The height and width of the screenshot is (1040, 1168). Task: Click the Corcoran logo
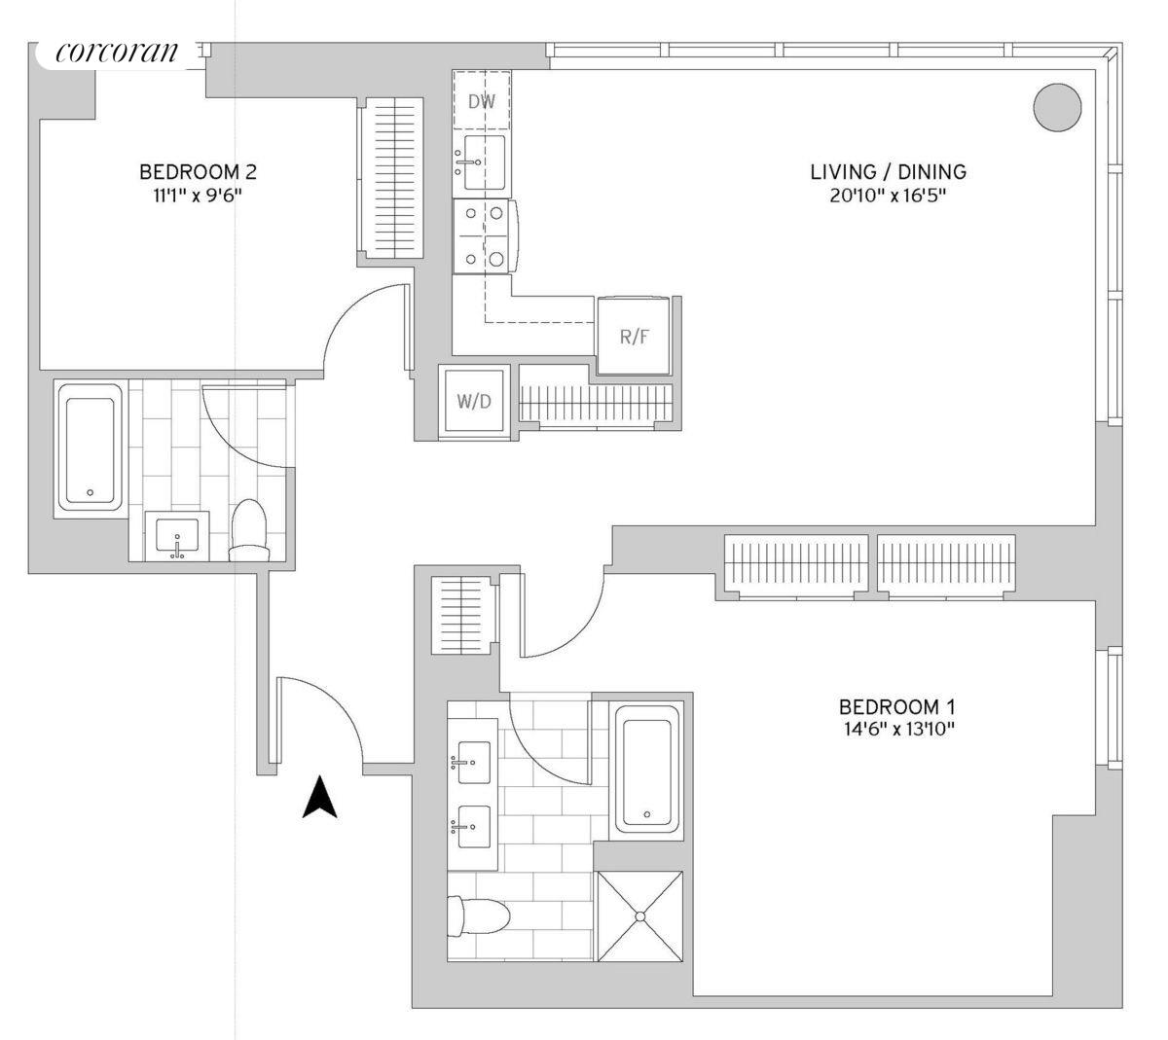[117, 54]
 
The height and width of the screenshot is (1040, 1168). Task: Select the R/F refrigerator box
[634, 337]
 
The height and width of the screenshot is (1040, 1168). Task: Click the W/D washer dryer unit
[474, 401]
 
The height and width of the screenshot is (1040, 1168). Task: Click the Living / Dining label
[889, 172]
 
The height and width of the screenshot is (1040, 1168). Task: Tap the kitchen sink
[483, 162]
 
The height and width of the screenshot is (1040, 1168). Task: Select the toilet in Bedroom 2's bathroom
[248, 531]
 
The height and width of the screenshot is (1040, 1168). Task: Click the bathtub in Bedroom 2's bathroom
[91, 447]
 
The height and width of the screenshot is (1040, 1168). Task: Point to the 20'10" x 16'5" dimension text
[889, 196]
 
